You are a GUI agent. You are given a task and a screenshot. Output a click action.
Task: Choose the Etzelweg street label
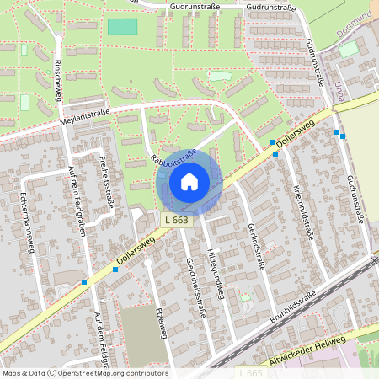157,320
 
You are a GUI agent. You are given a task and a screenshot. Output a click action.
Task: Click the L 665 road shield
249,371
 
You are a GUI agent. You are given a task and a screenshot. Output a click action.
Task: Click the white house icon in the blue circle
189,181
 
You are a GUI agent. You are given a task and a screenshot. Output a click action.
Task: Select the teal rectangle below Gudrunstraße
122,26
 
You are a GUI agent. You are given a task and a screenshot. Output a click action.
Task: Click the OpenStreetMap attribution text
84,373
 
